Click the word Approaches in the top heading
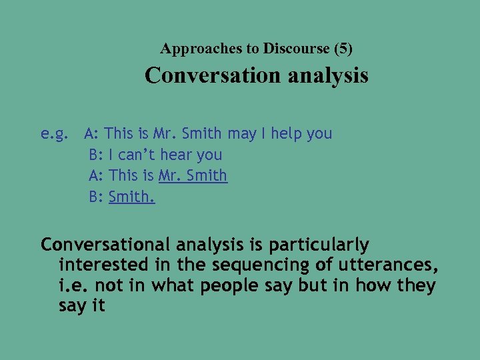(x=192, y=49)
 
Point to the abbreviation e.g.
(x=54, y=134)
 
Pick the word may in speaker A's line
(x=242, y=133)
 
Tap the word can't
(x=137, y=155)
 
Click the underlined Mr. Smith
(x=193, y=176)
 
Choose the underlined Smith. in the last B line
(x=131, y=197)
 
